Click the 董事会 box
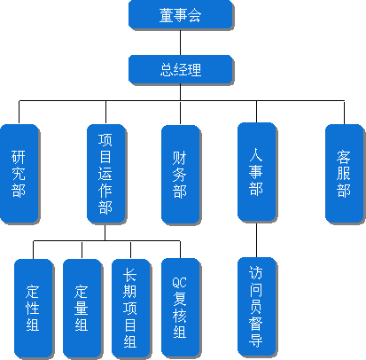point(181,15)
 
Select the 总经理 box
point(181,69)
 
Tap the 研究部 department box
point(19,174)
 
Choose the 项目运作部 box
point(106,174)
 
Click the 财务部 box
point(181,175)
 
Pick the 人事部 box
point(257,172)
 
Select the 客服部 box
point(344,174)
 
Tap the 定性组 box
point(34,309)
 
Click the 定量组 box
point(82,309)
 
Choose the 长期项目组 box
point(131,309)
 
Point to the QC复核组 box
point(181,308)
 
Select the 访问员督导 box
point(257,307)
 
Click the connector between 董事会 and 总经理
point(181,43)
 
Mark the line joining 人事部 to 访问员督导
point(256,239)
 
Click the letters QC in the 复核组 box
point(179,283)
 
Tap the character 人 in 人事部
point(256,155)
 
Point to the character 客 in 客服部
point(344,157)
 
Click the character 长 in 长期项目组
point(130,275)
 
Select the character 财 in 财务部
point(180,158)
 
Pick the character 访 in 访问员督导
point(255,272)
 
